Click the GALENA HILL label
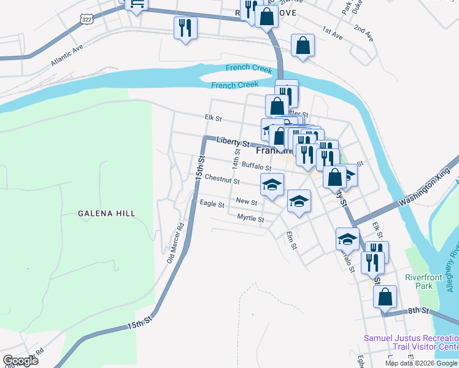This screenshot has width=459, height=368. click(106, 213)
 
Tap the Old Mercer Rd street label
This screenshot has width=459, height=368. click(175, 242)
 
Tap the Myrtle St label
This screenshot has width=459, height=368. click(250, 218)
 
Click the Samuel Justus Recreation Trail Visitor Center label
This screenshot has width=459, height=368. click(411, 342)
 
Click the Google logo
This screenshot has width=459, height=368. click(20, 361)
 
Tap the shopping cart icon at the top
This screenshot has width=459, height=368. click(136, 4)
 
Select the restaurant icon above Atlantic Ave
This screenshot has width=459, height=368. click(185, 28)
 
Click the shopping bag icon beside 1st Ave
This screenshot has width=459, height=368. click(303, 45)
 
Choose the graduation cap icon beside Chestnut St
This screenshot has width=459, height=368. click(272, 183)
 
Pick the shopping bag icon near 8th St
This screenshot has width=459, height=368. click(385, 296)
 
